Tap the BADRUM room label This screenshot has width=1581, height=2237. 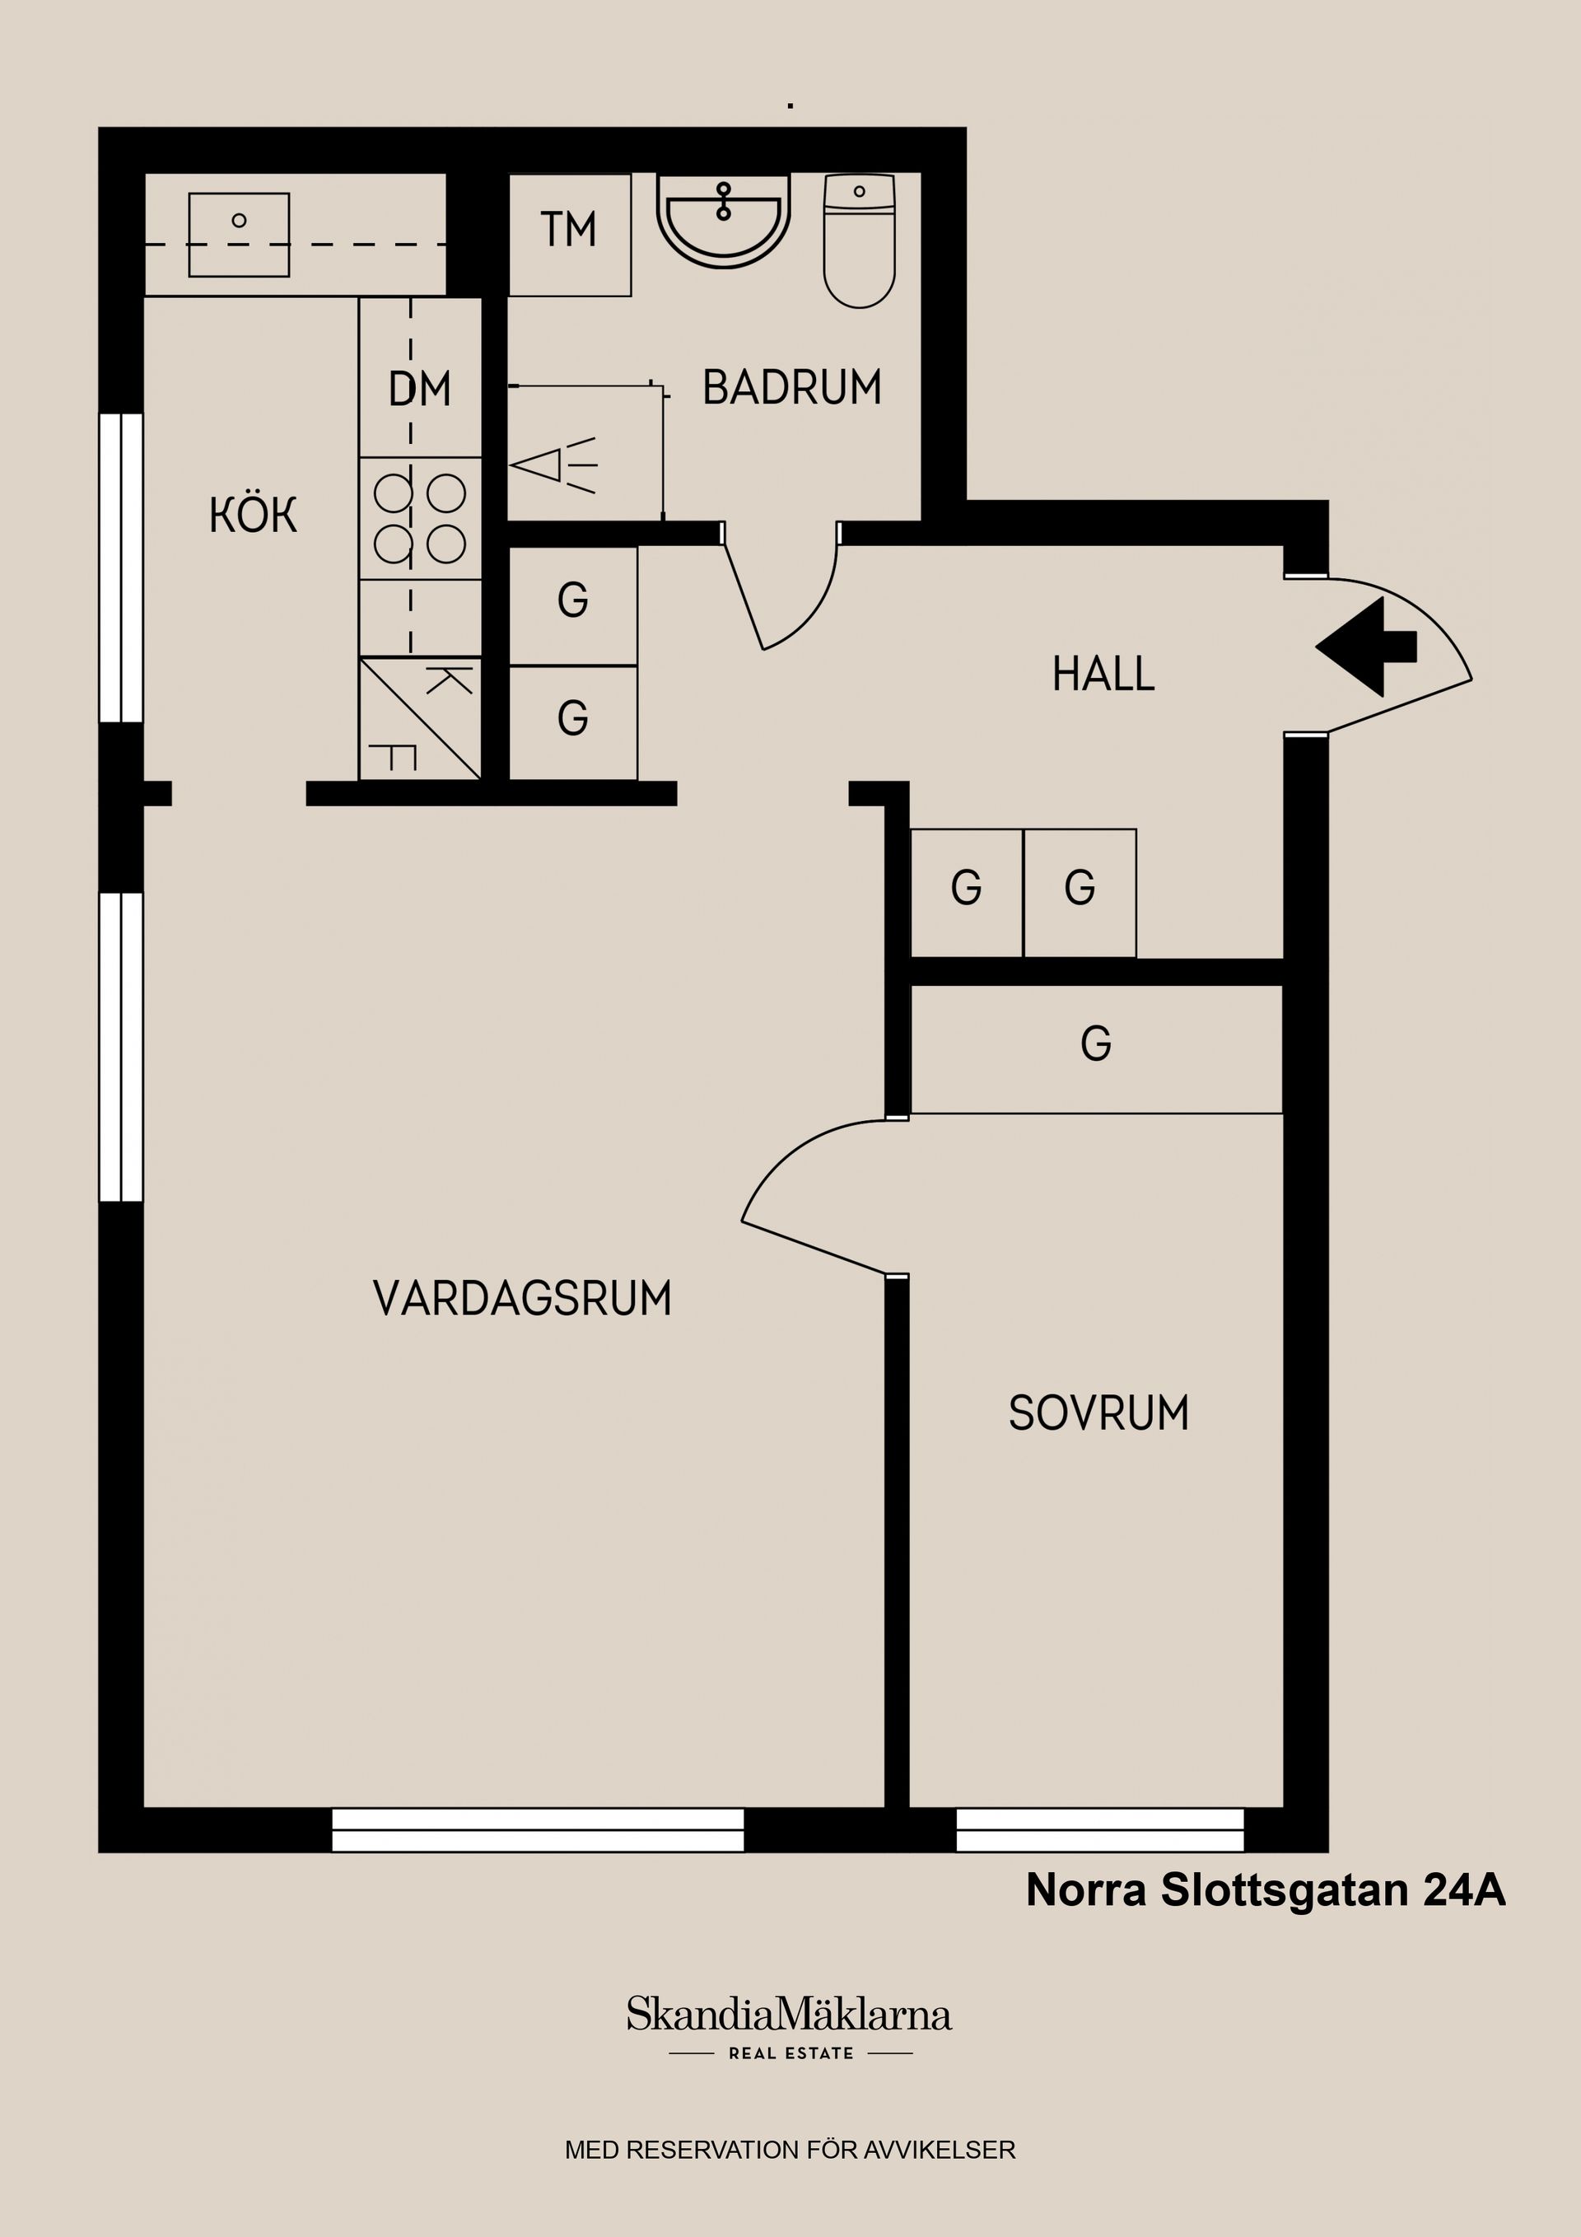791,388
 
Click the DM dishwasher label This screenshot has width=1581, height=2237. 420,390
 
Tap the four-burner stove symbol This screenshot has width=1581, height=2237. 420,518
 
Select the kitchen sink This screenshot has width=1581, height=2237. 239,234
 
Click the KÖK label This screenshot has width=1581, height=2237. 252,516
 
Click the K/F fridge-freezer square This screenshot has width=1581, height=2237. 420,719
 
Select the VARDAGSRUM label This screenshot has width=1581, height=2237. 522,1299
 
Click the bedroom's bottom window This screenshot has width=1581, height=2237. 1100,1830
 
